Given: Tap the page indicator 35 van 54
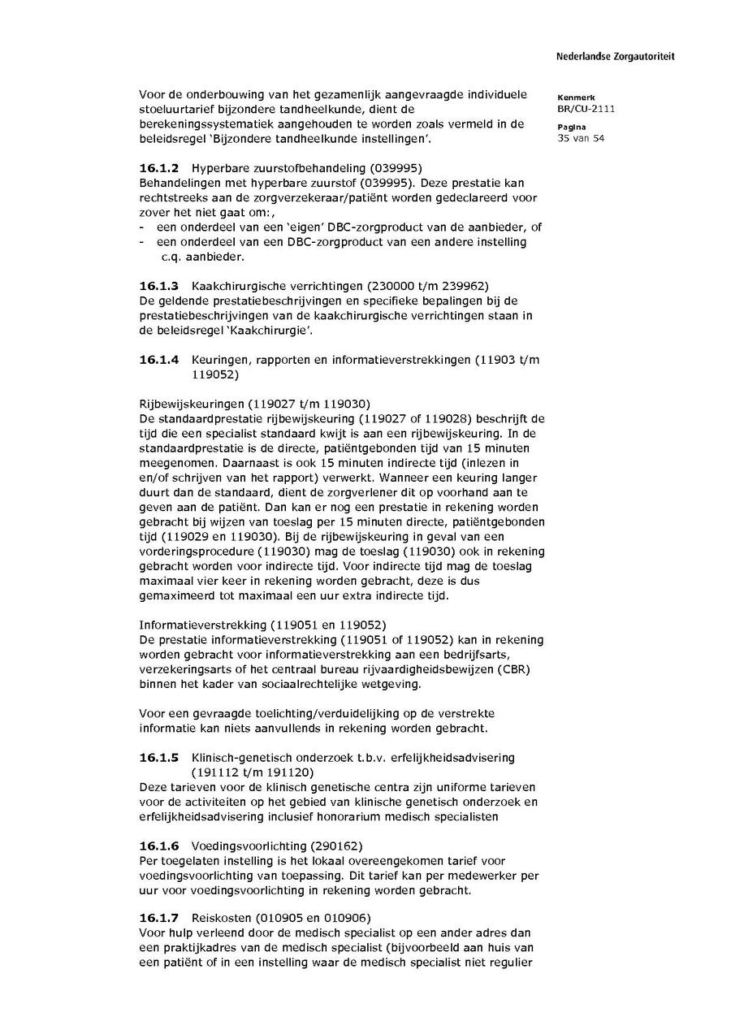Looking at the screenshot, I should pyautogui.click(x=581, y=137).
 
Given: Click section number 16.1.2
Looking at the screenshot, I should pyautogui.click(x=158, y=168).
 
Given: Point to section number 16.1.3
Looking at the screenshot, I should pyautogui.click(x=158, y=286).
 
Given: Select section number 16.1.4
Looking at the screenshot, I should pyautogui.click(x=158, y=360).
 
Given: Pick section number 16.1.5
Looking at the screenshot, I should pyautogui.click(x=158, y=757).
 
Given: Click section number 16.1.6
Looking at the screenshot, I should pyautogui.click(x=158, y=846).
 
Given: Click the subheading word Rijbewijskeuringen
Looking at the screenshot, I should pyautogui.click(x=189, y=404).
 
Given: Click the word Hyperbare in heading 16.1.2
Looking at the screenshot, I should pyautogui.click(x=218, y=168).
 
